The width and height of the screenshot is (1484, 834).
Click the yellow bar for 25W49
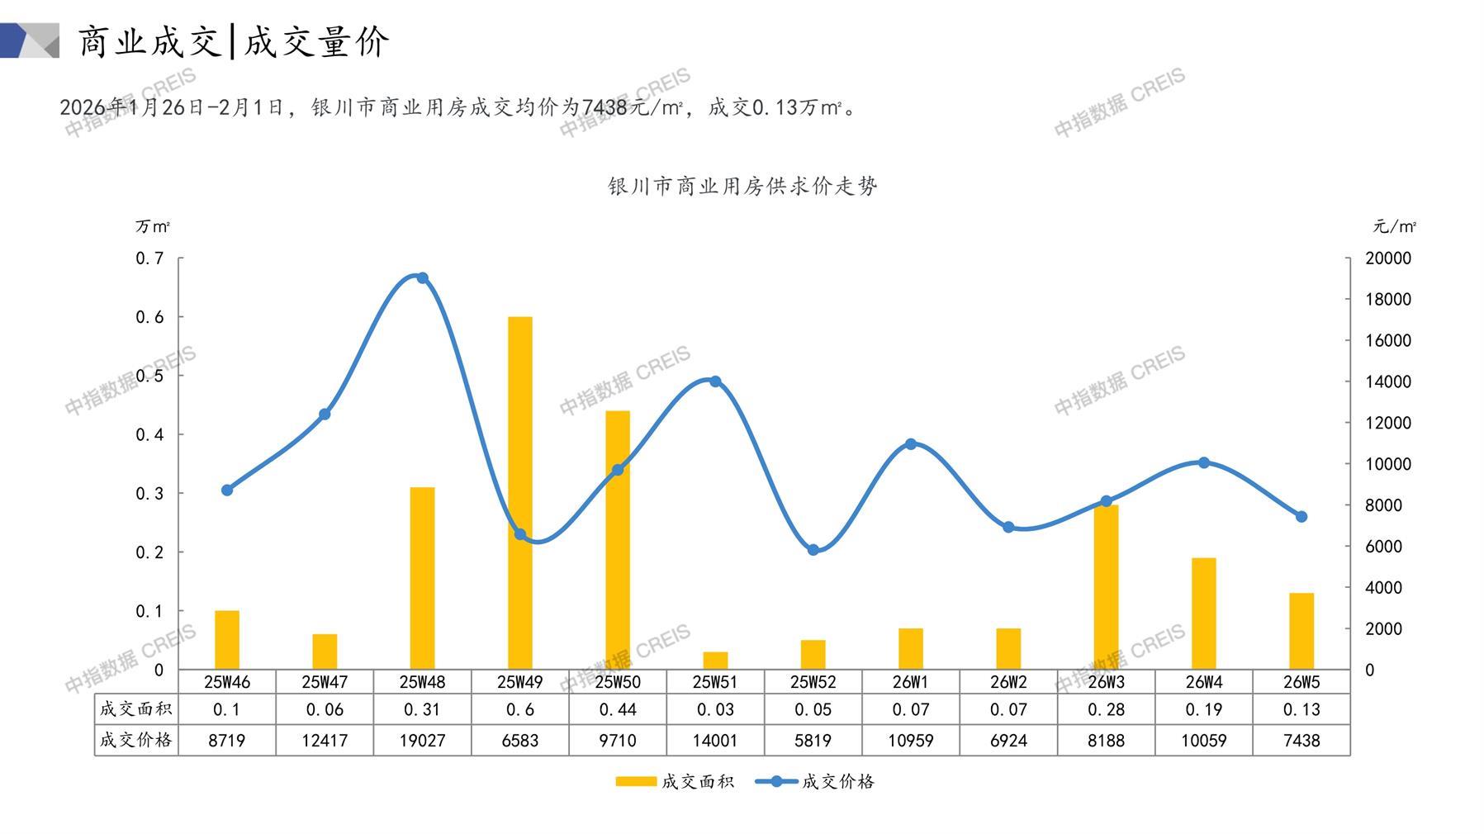[x=519, y=493]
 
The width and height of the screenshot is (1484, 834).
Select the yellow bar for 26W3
[x=1106, y=587]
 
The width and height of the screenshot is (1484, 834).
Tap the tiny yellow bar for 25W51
[x=715, y=661]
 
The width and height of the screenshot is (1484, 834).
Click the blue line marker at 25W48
[x=422, y=278]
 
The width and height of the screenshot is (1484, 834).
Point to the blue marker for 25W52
[x=813, y=550]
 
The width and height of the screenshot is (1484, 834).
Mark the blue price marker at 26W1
[x=911, y=444]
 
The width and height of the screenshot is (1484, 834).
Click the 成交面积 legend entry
[x=675, y=781]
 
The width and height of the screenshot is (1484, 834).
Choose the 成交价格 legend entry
[x=815, y=781]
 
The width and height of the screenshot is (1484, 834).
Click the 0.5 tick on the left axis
[x=149, y=376]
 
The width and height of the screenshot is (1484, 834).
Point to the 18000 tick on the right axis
[x=1388, y=300]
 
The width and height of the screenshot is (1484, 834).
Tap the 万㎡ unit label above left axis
[x=153, y=226]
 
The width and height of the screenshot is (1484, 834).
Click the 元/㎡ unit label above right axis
[x=1395, y=226]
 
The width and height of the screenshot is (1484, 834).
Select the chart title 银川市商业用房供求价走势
[x=742, y=187]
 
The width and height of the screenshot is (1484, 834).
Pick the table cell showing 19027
[x=422, y=741]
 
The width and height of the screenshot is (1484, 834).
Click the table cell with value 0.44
[x=618, y=709]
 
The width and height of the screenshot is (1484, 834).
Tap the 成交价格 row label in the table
[x=136, y=740]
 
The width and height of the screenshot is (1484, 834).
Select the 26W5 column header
[x=1301, y=682]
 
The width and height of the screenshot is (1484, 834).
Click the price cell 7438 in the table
[x=1301, y=741]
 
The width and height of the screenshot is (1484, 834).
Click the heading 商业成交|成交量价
[x=234, y=41]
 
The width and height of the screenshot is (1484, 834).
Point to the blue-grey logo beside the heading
[x=30, y=40]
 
